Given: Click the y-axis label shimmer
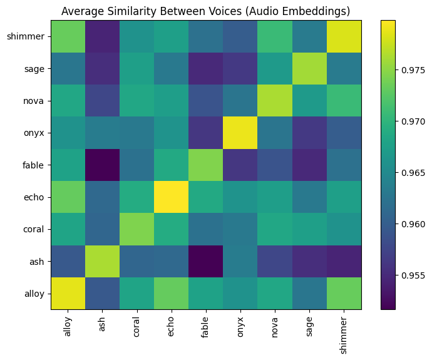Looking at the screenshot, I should pyautogui.click(x=26, y=36).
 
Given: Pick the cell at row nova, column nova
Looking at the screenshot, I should pyautogui.click(x=271, y=100).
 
